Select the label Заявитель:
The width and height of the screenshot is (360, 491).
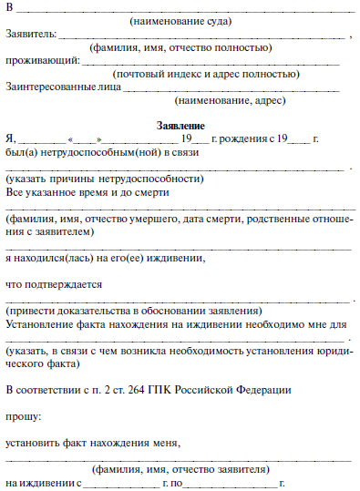pos(29,34)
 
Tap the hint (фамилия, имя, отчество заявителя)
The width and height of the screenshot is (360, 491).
pos(180,468)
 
